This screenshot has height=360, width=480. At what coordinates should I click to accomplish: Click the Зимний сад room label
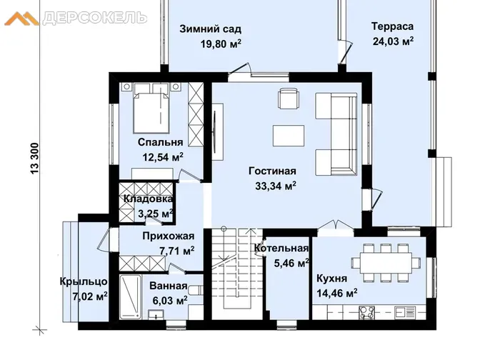pyautogui.click(x=210, y=29)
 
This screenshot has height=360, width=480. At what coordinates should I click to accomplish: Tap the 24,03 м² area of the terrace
pyautogui.click(x=393, y=41)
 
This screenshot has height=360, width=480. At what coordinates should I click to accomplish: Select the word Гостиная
pyautogui.click(x=272, y=171)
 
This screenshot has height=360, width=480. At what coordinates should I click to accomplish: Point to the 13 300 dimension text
pyautogui.click(x=35, y=159)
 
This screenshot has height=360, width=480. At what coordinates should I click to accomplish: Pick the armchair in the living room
pyautogui.click(x=288, y=99)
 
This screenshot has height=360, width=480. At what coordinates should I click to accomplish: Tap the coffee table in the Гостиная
pyautogui.click(x=289, y=136)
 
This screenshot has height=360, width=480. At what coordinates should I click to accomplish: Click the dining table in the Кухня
pyautogui.click(x=386, y=262)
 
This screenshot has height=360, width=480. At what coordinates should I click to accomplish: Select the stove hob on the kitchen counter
pyautogui.click(x=366, y=313)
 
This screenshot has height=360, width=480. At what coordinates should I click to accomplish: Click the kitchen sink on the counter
pyautogui.click(x=404, y=313)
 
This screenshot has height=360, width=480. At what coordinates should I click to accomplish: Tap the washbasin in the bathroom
pyautogui.click(x=156, y=314)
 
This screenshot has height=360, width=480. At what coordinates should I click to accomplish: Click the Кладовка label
pyautogui.click(x=148, y=199)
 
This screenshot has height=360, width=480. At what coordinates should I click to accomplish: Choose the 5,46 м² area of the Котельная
pyautogui.click(x=291, y=264)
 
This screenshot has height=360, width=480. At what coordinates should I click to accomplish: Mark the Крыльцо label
pyautogui.click(x=84, y=281)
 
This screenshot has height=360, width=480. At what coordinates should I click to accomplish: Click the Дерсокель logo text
pyautogui.click(x=95, y=18)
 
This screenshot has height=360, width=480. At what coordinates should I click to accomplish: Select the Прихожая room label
pyautogui.click(x=169, y=236)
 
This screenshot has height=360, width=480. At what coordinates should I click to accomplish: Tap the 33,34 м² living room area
pyautogui.click(x=276, y=186)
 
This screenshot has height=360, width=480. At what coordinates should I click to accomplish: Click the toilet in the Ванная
pyautogui.click(x=196, y=289)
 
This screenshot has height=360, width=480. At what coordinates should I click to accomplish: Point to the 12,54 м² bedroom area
pyautogui.click(x=163, y=157)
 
